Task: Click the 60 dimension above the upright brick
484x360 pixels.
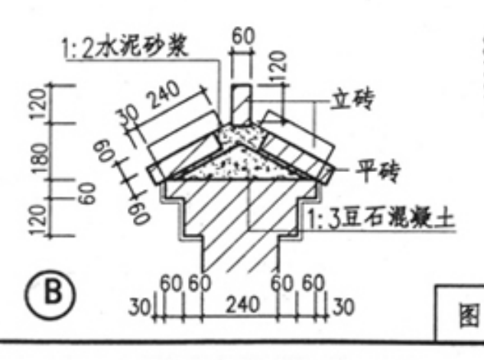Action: (242, 36)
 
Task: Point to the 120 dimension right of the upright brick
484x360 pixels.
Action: (278, 69)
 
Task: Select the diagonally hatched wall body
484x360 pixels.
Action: (238, 222)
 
